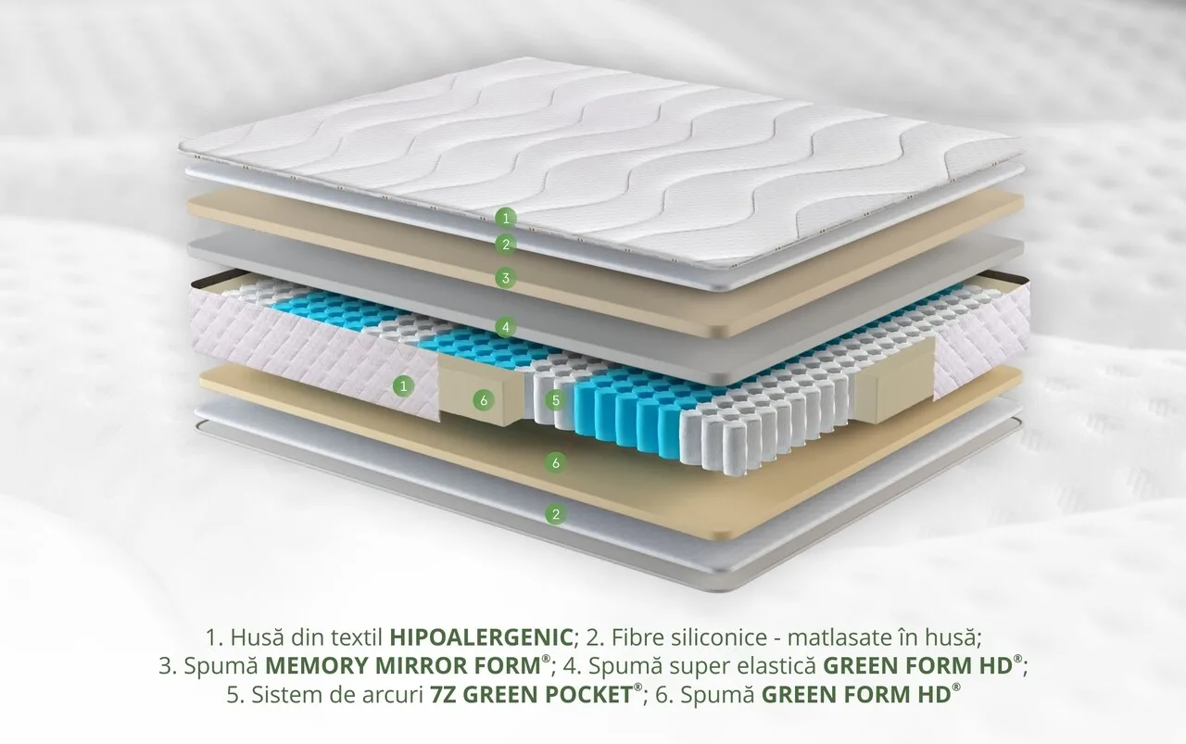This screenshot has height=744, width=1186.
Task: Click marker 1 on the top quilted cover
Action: click(x=506, y=218)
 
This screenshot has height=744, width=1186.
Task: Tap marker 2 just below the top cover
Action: click(x=506, y=244)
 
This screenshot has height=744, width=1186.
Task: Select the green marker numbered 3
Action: click(x=506, y=277)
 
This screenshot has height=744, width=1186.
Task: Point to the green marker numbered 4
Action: click(x=506, y=327)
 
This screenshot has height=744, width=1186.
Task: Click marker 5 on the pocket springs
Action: click(x=555, y=400)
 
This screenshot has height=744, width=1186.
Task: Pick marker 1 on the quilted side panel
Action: click(x=403, y=386)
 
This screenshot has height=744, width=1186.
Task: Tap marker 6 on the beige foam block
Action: click(x=484, y=401)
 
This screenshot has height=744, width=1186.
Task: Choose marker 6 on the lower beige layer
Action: click(x=555, y=463)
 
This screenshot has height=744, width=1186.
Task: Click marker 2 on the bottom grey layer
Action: click(x=555, y=513)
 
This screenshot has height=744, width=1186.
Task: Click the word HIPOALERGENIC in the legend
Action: click(x=481, y=637)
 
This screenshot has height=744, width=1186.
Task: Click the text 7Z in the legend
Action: click(x=443, y=695)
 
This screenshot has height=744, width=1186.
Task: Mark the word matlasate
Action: click(x=836, y=637)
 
